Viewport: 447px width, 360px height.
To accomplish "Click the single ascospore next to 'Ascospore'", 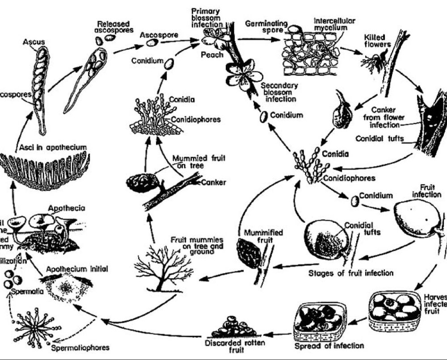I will point(153,42).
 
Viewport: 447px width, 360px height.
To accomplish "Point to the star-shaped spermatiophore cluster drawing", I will point(35,327).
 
